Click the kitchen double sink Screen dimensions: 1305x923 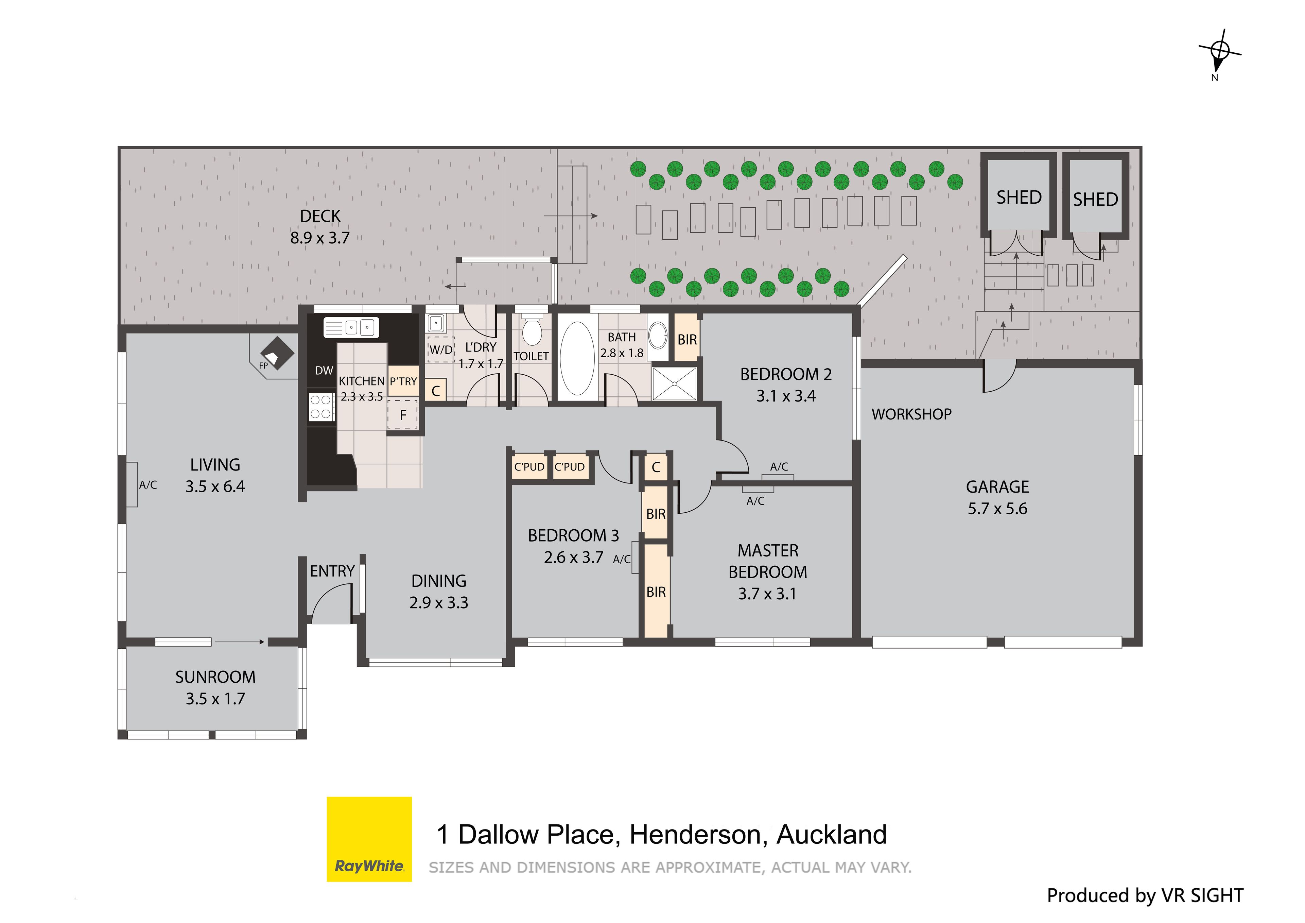351,328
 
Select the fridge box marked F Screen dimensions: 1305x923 403,414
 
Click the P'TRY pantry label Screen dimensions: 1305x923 403,381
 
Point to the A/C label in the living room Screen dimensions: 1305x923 148,485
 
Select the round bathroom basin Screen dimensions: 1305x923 658,336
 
